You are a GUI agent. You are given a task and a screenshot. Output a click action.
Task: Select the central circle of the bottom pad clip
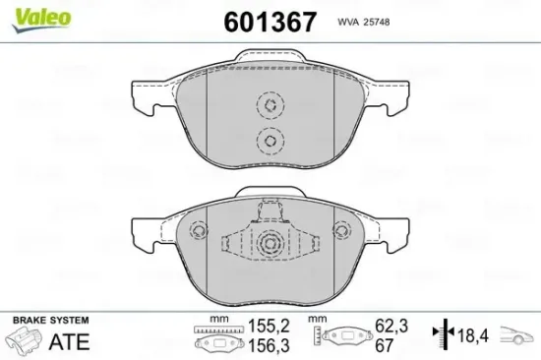point(270,244)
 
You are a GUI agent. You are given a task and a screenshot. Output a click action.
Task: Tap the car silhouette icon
point(521,337)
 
